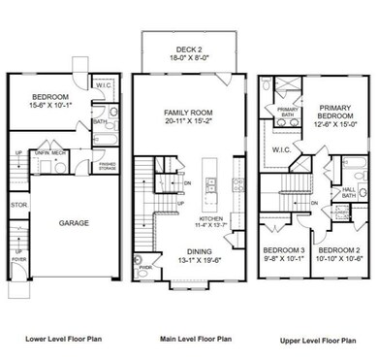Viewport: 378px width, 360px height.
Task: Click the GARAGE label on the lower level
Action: [73, 222]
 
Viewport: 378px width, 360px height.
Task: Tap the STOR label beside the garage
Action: [17, 206]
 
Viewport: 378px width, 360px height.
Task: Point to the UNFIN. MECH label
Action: [50, 152]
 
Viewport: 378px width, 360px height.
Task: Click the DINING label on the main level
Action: [189, 249]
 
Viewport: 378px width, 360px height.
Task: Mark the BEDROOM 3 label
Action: [283, 250]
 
